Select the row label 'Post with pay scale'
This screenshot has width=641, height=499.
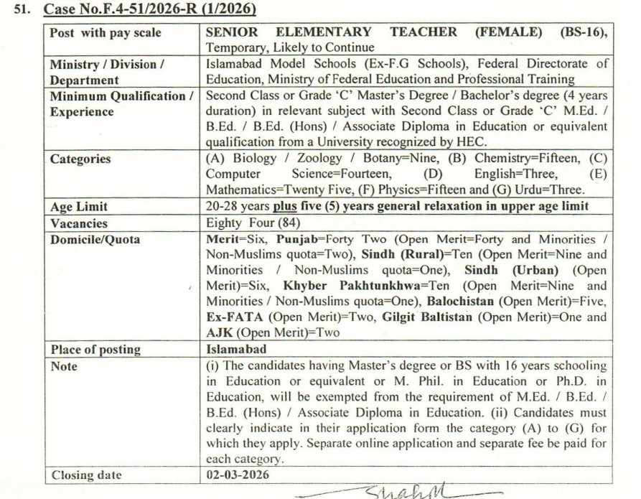[x=106, y=32]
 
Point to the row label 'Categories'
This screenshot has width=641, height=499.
[x=80, y=159]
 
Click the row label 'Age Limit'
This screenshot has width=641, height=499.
[x=79, y=206]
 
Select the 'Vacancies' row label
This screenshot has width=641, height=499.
[x=79, y=223]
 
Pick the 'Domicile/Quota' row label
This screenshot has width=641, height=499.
[x=95, y=238]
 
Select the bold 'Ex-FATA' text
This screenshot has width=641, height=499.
[x=230, y=317]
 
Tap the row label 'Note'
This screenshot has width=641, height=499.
[x=64, y=365]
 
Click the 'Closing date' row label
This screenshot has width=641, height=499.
[x=86, y=475]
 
